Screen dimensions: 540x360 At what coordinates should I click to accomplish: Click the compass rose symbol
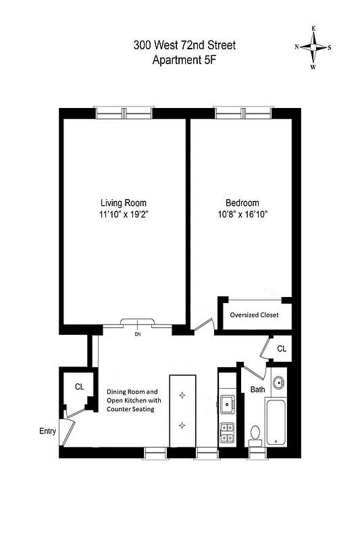coord(312,47)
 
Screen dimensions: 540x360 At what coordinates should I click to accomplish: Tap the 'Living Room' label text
coord(123,202)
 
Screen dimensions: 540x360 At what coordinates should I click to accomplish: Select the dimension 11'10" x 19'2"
coord(123,215)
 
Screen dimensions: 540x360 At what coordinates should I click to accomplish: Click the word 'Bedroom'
coord(242,202)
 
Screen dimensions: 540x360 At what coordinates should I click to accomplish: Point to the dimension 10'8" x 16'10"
coord(242,215)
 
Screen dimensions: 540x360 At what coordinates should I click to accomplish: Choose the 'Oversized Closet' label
coord(254,315)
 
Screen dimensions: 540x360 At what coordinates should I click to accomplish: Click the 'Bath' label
coord(258,389)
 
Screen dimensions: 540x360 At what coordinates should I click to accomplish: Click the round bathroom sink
coord(278,384)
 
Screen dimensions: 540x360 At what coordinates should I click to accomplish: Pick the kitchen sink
coord(226,404)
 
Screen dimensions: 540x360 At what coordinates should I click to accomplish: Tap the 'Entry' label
coord(48,430)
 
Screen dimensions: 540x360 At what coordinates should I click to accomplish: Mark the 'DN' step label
coord(137,334)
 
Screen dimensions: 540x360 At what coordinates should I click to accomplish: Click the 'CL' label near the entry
coord(79,387)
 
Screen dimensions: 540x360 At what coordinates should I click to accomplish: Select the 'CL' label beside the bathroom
coord(281,349)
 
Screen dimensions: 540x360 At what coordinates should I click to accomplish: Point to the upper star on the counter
coord(182,396)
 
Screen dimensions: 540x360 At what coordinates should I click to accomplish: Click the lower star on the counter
coord(182,425)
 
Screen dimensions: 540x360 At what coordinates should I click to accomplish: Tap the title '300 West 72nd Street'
coord(184,46)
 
